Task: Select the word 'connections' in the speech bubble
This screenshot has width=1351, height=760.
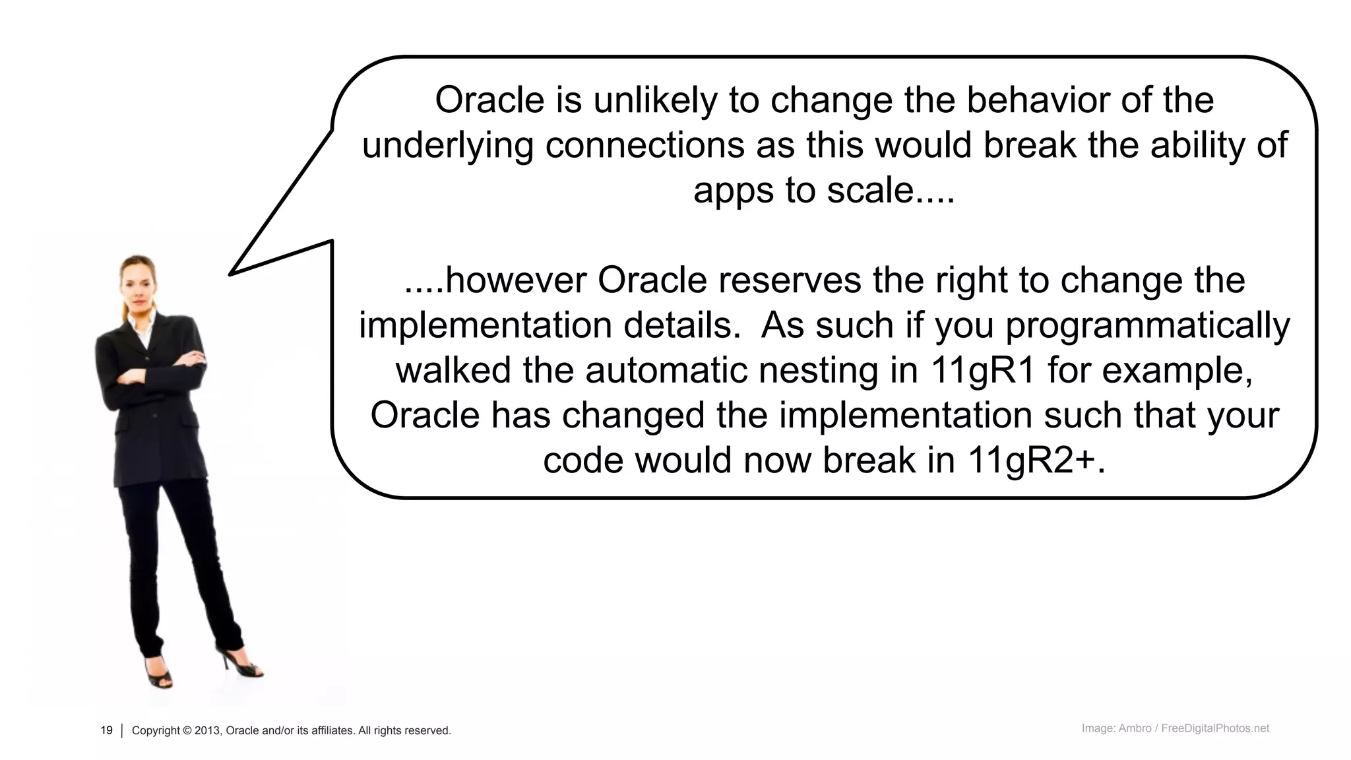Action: point(644,145)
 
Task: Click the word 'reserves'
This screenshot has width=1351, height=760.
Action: point(790,280)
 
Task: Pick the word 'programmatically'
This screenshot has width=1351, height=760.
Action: point(1147,326)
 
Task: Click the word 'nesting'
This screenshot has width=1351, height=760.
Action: point(838,370)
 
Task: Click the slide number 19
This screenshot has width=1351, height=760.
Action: point(106,730)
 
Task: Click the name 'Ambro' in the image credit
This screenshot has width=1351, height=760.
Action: point(1135,728)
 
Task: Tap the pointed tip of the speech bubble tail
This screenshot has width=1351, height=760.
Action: point(231,274)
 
